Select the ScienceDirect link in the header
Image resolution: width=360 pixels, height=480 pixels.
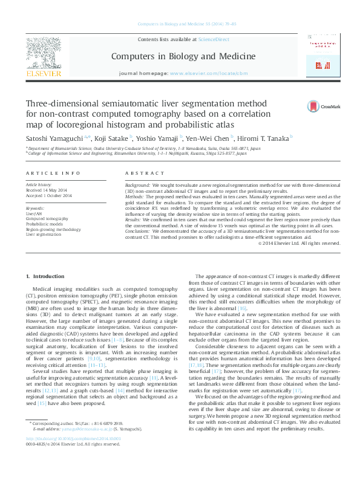(x=214, y=39)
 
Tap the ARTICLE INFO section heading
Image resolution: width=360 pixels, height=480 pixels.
(x=47, y=173)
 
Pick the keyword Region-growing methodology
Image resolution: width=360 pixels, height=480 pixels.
(x=53, y=229)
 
